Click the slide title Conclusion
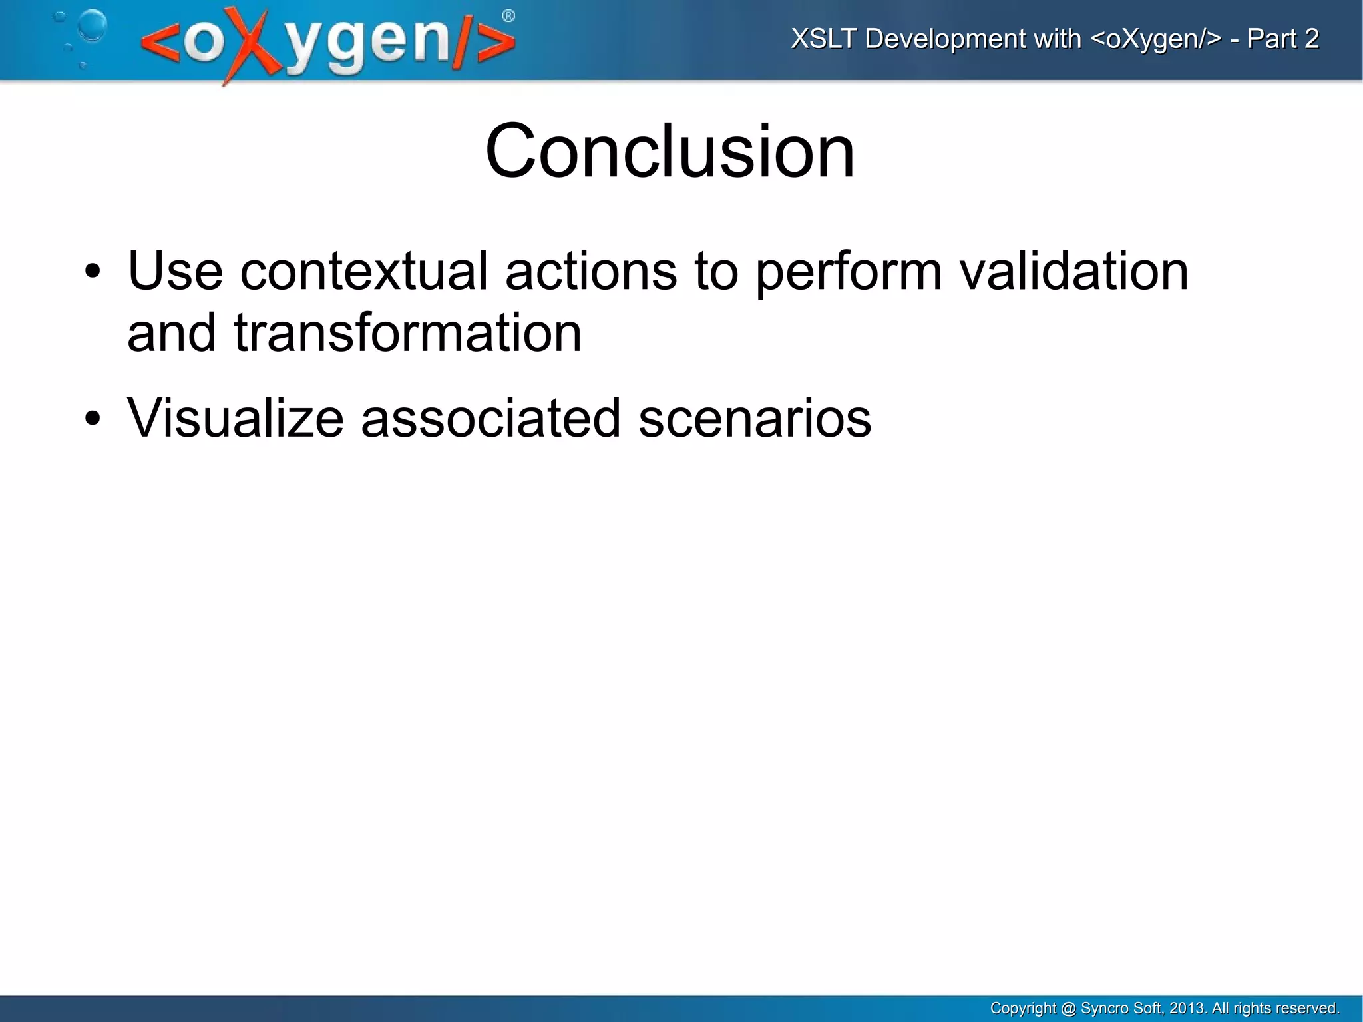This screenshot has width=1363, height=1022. pyautogui.click(x=670, y=152)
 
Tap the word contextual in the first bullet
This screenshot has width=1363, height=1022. pyautogui.click(x=364, y=272)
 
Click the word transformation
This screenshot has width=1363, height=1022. pyautogui.click(x=407, y=333)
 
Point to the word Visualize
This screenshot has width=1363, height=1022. pyautogui.click(x=235, y=419)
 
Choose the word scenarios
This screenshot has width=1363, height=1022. pyautogui.click(x=754, y=419)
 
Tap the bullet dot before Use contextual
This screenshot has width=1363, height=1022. pyautogui.click(x=93, y=272)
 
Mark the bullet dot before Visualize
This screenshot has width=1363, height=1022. pyautogui.click(x=93, y=419)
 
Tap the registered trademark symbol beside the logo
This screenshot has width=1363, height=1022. pyautogui.click(x=508, y=17)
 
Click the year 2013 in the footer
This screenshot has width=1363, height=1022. pyautogui.click(x=1187, y=1008)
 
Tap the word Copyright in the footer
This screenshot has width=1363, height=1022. pyautogui.click(x=1022, y=1008)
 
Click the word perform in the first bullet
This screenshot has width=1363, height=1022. pyautogui.click(x=849, y=272)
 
